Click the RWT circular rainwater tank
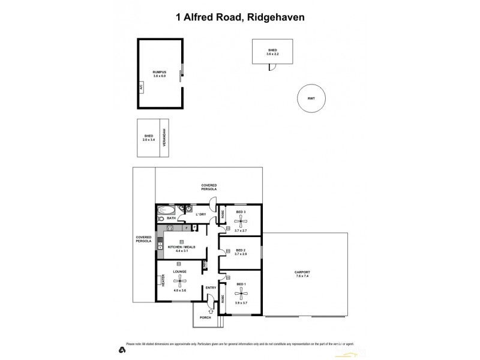click(311, 98)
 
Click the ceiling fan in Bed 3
click(241, 222)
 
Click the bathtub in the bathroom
click(164, 211)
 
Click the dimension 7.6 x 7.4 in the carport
click(302, 277)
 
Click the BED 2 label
click(241, 250)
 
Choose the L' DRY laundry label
click(201, 214)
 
